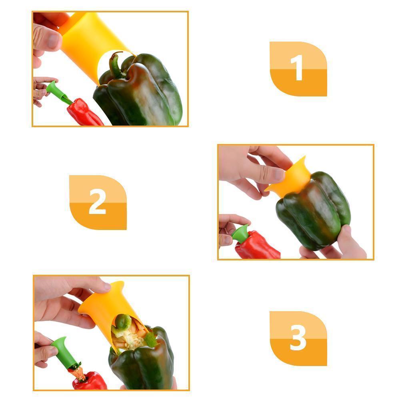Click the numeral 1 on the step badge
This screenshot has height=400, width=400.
297,68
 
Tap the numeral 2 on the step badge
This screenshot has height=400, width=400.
97,201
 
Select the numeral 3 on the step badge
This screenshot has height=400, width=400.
298,337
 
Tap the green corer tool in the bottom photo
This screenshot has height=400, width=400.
64,353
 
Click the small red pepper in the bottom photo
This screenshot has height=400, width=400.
89,381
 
